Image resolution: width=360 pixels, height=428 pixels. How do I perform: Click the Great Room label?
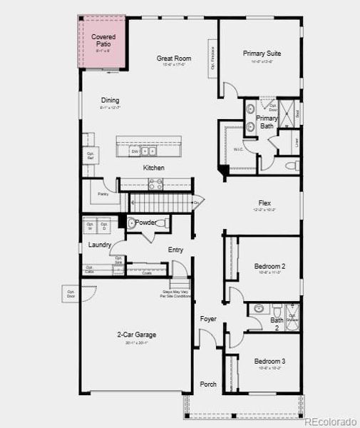pyautogui.click(x=173, y=59)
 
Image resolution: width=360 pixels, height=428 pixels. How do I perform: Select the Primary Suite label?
pyautogui.click(x=262, y=53)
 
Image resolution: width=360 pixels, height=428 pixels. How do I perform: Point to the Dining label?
pyautogui.click(x=110, y=101)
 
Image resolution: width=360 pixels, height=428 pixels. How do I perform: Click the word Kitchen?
pyautogui.click(x=153, y=168)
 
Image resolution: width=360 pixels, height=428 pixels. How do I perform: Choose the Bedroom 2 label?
pyautogui.click(x=269, y=267)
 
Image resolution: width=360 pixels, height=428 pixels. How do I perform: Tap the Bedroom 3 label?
pyautogui.click(x=269, y=361)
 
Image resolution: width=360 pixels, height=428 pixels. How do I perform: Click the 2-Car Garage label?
pyautogui.click(x=137, y=334)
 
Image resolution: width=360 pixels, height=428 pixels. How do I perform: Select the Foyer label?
pyautogui.click(x=208, y=319)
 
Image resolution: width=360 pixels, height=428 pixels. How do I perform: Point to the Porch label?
pyautogui.click(x=208, y=384)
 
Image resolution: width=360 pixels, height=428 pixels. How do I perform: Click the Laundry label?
pyautogui.click(x=100, y=245)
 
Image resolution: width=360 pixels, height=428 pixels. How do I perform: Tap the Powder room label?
pyautogui.click(x=146, y=223)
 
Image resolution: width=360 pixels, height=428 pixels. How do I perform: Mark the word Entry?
pyautogui.click(x=176, y=250)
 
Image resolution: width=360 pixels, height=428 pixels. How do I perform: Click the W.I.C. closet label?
pyautogui.click(x=238, y=149)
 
